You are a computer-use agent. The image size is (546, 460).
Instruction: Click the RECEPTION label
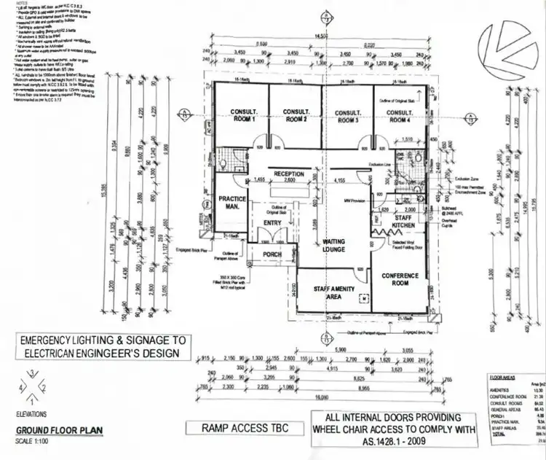click(x=290, y=174)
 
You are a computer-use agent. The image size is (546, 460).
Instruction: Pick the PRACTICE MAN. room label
click(x=232, y=203)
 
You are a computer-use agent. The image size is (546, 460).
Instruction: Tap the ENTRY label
click(x=273, y=223)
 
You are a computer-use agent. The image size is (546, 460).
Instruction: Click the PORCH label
click(x=272, y=254)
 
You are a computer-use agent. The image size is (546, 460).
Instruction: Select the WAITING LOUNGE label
click(x=334, y=246)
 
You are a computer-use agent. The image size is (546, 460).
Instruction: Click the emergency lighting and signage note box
click(x=103, y=347)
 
